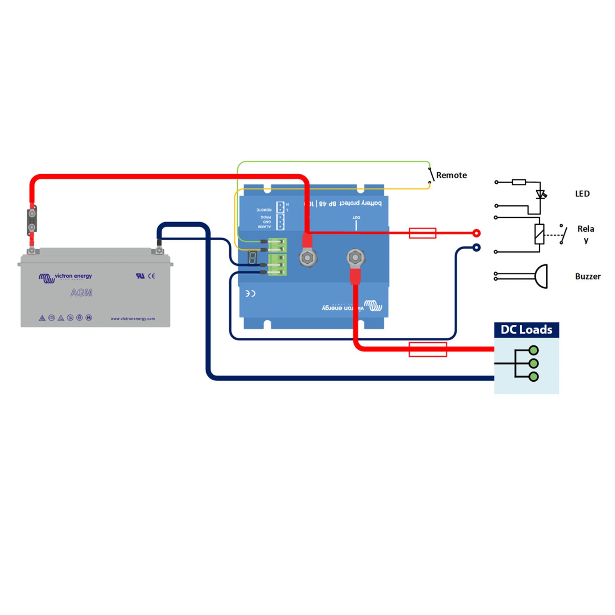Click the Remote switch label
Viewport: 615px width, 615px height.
click(451, 175)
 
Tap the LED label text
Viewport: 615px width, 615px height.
click(582, 194)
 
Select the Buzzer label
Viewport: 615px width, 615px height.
click(588, 277)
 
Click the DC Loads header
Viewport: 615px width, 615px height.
click(526, 330)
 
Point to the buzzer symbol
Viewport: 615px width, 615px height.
click(541, 276)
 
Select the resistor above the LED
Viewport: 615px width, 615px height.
click(519, 182)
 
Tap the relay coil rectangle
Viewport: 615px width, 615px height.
click(540, 234)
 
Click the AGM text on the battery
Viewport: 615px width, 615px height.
click(81, 293)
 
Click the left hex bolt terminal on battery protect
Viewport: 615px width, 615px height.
click(307, 258)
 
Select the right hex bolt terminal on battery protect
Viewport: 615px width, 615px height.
click(355, 258)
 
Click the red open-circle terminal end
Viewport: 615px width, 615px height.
click(476, 233)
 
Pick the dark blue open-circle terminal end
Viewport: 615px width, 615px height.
click(476, 248)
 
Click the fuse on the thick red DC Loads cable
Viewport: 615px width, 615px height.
click(428, 349)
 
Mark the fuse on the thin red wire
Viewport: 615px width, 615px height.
click(422, 233)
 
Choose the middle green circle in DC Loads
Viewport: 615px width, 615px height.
click(533, 363)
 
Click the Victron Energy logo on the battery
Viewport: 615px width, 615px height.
click(66, 278)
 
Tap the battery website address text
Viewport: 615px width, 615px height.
click(132, 319)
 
